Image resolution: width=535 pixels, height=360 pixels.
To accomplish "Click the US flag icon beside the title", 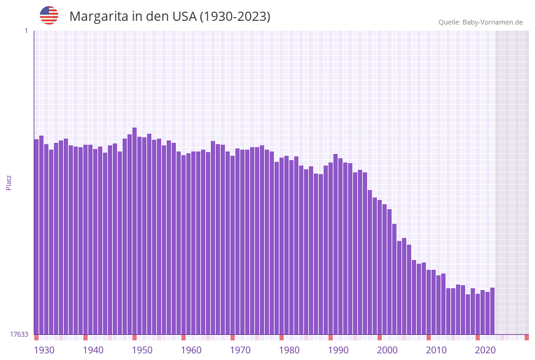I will pos(49,15).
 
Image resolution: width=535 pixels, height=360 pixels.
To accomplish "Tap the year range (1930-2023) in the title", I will pos(235,17).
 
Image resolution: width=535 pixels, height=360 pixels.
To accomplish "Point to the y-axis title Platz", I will pos(9,182).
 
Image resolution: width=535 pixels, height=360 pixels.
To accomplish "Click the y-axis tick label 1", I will pos(26,31).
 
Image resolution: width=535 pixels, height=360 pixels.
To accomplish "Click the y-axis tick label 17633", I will pos(18,334).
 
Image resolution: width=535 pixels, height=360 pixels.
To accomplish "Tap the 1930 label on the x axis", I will pos(44,350).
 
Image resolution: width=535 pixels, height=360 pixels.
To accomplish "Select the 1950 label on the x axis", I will pos(142,350).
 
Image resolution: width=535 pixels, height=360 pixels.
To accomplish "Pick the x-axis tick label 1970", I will pos(240,350).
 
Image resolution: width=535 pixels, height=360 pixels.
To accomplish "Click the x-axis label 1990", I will pos(338,350).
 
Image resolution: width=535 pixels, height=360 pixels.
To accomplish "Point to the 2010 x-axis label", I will pos(436,350).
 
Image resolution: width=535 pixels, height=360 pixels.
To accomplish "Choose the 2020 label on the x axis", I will pos(485,350).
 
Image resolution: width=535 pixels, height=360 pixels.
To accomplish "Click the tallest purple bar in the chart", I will pos(134,230).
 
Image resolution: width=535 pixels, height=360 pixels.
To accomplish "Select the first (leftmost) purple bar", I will pos(36,236).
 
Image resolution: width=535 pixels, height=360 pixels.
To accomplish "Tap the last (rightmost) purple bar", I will pos(492,310).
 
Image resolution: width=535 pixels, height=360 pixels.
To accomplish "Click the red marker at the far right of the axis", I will pos(526,337).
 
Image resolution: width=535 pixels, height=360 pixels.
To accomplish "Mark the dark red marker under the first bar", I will pos(36,337).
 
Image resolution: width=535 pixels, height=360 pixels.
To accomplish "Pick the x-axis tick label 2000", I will pos(387,350).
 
